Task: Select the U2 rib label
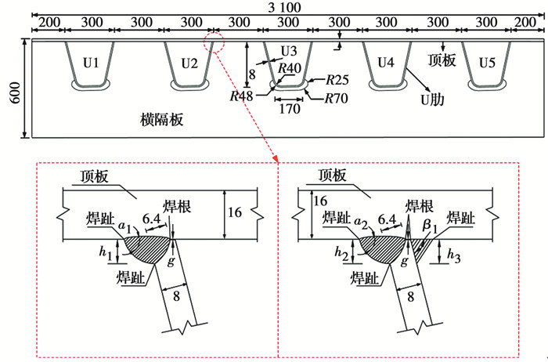click(x=190, y=62)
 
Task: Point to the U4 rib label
click(x=387, y=62)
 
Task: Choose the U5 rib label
click(x=486, y=62)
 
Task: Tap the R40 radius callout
click(x=288, y=69)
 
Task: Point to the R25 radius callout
click(x=337, y=81)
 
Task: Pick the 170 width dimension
click(x=289, y=110)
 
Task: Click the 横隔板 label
click(x=159, y=119)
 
